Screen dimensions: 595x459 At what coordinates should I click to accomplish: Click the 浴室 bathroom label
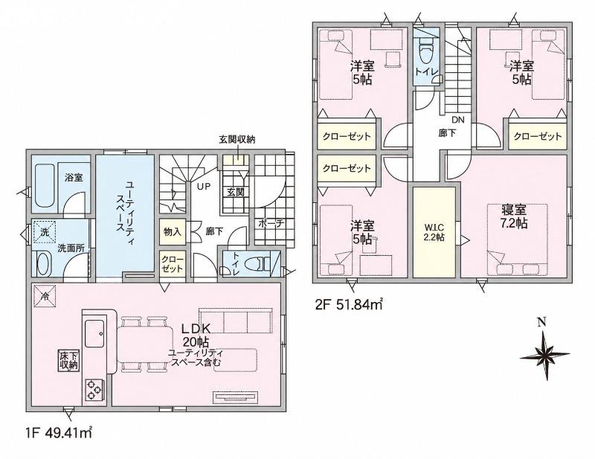point(74,177)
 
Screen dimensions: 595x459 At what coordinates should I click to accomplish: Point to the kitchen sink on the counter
point(95,333)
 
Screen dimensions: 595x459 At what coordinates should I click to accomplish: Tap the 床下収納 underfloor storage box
point(68,361)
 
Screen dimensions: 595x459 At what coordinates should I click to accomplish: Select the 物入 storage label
point(173,231)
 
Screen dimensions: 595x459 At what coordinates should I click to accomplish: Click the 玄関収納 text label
point(237,139)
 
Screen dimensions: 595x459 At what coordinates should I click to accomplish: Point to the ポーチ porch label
point(271,224)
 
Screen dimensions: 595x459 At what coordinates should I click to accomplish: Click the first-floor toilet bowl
point(257,263)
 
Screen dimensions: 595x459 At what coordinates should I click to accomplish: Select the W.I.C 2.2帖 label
point(434,233)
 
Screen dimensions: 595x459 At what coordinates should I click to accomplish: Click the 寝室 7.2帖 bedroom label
point(514,216)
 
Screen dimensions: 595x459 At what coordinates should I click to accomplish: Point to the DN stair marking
point(458,120)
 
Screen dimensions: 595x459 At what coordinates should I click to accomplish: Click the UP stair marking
point(203,186)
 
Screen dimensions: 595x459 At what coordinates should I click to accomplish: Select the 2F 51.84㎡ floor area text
point(348,304)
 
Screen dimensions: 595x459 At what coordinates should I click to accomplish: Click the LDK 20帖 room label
point(196,335)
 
